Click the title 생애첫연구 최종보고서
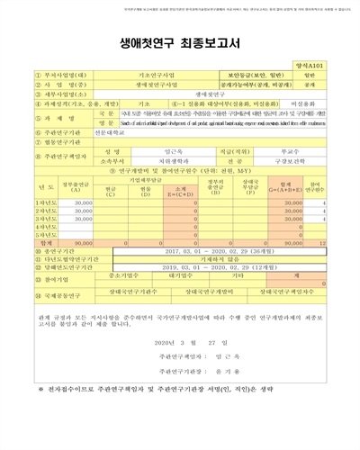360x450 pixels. tap(180, 42)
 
